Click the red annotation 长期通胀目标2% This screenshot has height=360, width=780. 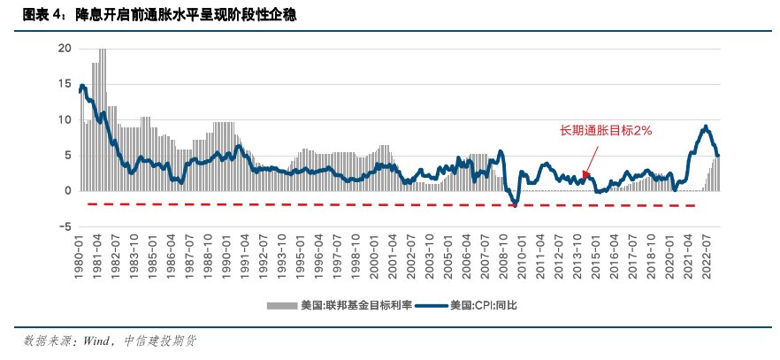[x=606, y=130]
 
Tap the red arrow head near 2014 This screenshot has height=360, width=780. [x=585, y=175]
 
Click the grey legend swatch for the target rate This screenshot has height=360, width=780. [x=283, y=306]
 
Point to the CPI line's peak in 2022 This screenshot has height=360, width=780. [x=706, y=126]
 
